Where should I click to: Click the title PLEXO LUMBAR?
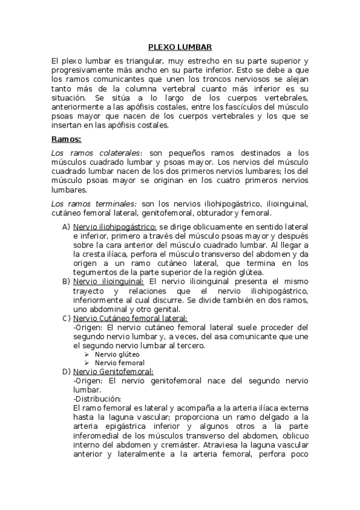click(180, 48)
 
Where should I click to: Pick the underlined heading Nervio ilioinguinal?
click(109, 281)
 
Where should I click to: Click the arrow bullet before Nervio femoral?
click(87, 363)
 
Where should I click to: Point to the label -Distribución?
click(97, 399)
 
